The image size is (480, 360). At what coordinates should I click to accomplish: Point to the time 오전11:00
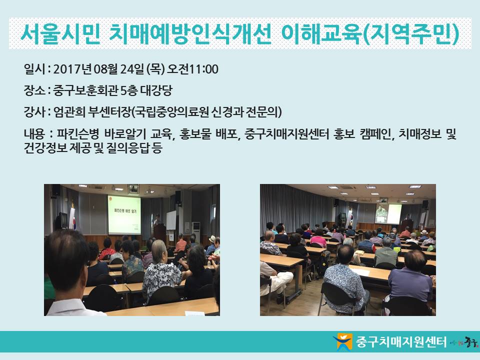coord(192,69)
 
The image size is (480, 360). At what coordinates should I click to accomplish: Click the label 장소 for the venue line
coord(34,90)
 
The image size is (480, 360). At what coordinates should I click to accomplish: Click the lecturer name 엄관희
coord(69,112)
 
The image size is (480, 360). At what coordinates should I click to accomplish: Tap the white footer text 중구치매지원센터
coord(401,342)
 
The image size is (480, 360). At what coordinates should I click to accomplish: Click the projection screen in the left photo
coord(124,215)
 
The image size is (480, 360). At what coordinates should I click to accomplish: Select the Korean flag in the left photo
coord(72,218)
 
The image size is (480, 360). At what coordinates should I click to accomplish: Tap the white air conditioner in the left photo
coord(196,232)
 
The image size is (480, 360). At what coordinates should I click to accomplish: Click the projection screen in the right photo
coord(394,214)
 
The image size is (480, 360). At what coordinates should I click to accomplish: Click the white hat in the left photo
coord(212,239)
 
